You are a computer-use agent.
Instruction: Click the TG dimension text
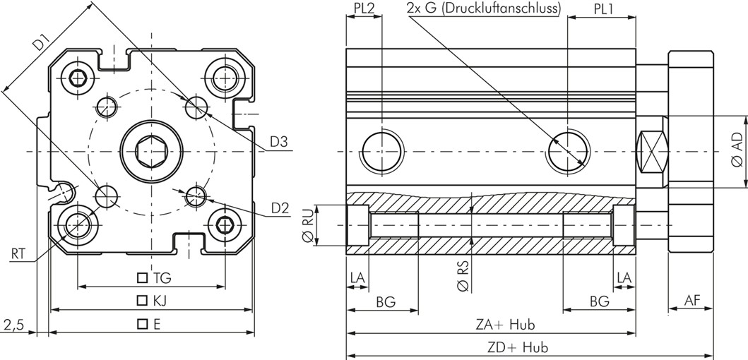click(161, 278)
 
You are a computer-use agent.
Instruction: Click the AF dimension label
click(693, 301)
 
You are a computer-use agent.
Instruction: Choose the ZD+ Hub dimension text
click(518, 347)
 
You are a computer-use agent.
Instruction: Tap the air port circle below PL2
click(381, 151)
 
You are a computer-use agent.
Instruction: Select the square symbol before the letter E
click(143, 324)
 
